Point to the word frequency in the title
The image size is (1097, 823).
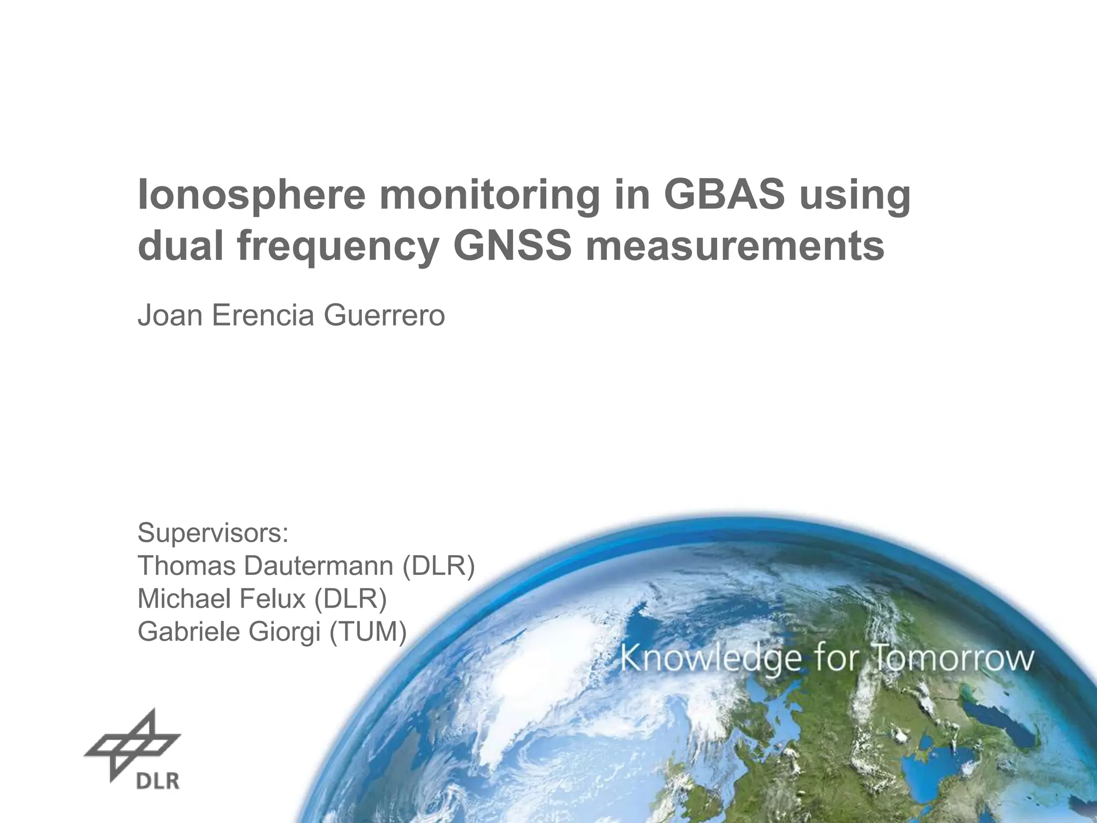(x=337, y=248)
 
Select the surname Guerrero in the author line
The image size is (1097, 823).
(x=384, y=315)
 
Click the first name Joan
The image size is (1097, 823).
(x=170, y=315)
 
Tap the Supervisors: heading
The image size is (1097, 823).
(x=213, y=533)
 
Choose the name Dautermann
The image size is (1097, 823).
(x=319, y=566)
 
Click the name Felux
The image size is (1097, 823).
(x=272, y=598)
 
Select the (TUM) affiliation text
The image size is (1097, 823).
(x=368, y=632)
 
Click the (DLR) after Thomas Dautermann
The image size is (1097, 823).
(x=438, y=566)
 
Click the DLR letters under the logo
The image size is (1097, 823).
(x=157, y=781)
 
